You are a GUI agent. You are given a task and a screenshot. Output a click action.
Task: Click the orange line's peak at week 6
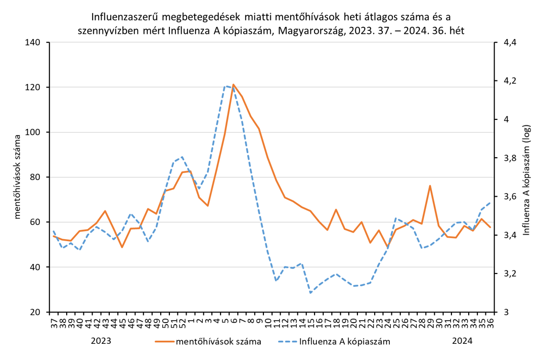coord(233,84)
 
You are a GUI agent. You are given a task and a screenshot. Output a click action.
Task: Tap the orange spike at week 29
coord(430,186)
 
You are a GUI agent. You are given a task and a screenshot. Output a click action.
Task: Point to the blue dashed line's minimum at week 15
coord(310,293)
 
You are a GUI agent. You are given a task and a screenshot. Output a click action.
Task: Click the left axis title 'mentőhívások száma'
coord(18,177)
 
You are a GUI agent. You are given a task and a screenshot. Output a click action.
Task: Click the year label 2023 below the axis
coord(101,341)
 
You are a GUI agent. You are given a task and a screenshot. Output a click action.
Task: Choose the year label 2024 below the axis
coord(462,341)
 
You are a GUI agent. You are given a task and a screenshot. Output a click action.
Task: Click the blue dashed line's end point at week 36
coord(490,202)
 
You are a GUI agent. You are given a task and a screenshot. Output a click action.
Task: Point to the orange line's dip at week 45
coord(122,247)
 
